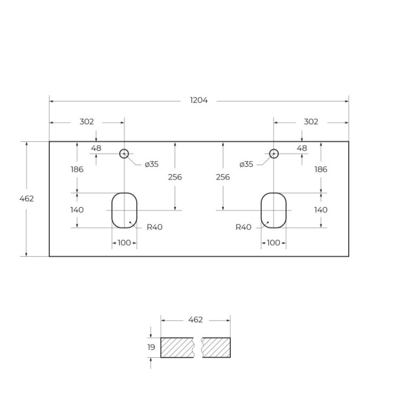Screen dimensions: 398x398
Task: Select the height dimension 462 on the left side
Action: pos(27,198)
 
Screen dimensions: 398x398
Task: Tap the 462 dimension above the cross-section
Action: pos(195,320)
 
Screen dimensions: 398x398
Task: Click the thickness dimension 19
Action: pos(151,348)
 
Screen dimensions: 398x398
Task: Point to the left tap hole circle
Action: pos(124,154)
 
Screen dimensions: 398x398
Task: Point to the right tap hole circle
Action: pos(274,154)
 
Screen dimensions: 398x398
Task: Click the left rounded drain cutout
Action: pos(124,210)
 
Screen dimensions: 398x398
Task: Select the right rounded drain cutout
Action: pos(274,210)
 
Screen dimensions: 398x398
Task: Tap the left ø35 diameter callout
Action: pos(152,165)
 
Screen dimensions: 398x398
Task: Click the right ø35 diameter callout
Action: pos(246,165)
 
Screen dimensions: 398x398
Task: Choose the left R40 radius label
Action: pos(154,227)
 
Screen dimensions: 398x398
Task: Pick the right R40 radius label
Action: pos(243,227)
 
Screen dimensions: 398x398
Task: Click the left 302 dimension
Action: pos(87,122)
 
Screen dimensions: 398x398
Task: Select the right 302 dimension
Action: pos(311,122)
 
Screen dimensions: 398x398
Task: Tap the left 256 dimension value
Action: pos(175,177)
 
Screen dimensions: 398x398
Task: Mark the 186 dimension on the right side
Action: pos(321,170)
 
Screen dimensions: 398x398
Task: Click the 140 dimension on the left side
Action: pos(77,210)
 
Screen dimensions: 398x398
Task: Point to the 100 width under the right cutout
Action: pos(273,243)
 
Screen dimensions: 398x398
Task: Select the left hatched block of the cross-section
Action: pos(177,348)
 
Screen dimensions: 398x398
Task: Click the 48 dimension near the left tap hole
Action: pos(96,149)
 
